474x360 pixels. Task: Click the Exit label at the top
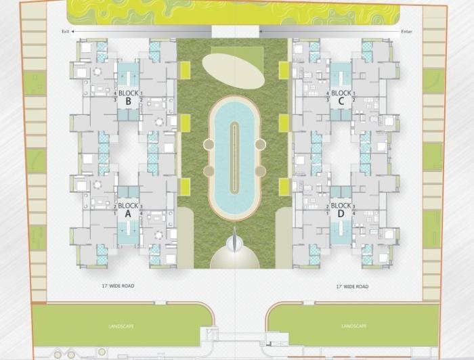(65, 31)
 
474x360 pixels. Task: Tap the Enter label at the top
(406, 31)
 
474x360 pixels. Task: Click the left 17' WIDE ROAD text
(118, 286)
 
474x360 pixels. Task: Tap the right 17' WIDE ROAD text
(352, 286)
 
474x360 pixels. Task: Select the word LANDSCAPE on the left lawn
(121, 327)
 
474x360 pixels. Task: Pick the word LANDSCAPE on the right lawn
(353, 327)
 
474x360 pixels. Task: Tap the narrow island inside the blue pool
(234, 156)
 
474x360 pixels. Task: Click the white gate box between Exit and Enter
(235, 31)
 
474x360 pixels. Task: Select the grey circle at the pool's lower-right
(261, 171)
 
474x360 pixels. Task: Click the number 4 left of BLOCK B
(116, 93)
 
